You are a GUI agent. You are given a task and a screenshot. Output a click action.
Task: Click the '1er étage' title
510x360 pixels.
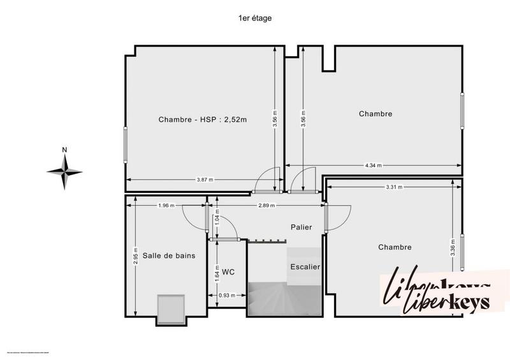[255, 18]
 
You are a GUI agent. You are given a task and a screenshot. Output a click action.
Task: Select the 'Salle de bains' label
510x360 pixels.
[169, 255]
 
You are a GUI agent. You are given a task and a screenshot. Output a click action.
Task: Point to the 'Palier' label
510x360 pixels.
[301, 226]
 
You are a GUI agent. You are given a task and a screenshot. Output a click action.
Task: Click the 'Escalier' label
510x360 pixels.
[305, 267]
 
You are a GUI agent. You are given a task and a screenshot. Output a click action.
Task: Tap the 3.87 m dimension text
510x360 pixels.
[205, 180]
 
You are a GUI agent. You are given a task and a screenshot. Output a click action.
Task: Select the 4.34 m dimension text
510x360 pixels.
[373, 165]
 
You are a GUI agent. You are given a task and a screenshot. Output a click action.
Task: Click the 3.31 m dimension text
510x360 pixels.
[394, 187]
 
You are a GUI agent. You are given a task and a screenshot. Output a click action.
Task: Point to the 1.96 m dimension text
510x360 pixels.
[166, 205]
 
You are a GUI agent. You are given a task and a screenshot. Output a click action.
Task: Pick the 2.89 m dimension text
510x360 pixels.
[266, 205]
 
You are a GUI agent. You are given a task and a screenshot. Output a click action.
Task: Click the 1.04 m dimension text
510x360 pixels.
[217, 222]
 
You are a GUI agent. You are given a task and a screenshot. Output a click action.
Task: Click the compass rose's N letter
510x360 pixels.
[64, 150]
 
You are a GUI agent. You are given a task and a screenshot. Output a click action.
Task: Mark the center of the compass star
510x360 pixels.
[64, 171]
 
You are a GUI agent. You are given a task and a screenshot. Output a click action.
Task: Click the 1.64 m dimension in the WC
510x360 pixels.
[217, 273]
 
